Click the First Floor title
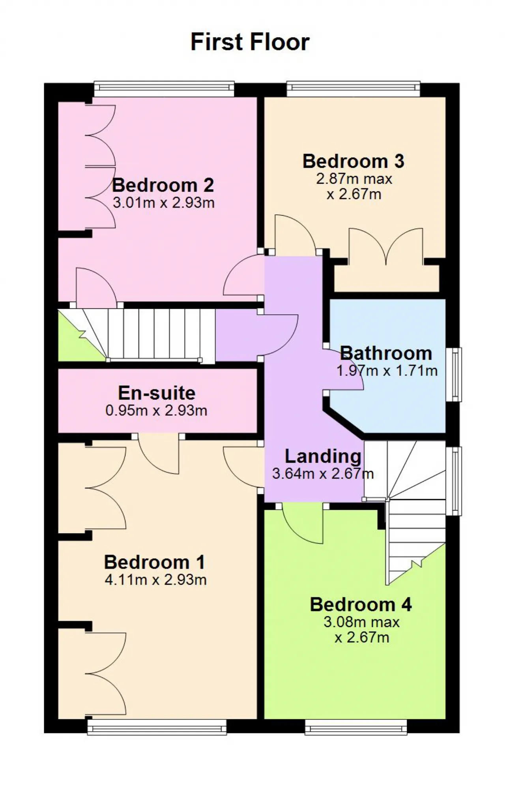pos(250,42)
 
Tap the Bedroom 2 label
pos(163,185)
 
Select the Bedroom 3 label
pos(353,161)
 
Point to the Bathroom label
pos(386,353)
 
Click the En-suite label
pos(157,393)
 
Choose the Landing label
pos(323,456)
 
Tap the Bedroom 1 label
pos(155,562)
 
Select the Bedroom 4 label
pos(361,604)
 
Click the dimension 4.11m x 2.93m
pos(156,580)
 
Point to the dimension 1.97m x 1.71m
pos(387,371)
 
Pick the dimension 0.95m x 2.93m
pos(156,411)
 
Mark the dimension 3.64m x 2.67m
pos(323,473)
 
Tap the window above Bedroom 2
pos(164,89)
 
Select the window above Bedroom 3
pos(353,89)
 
